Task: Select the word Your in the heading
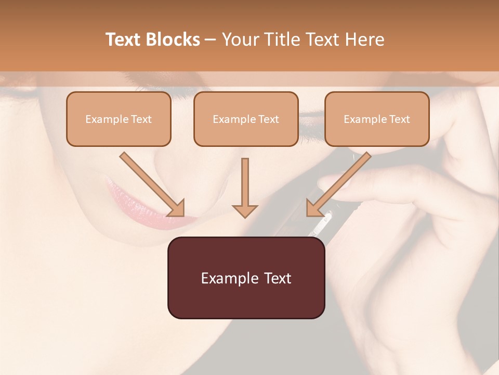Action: point(240,40)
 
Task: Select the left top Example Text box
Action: point(119,119)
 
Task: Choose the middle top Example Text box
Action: point(246,119)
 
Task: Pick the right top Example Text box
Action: point(377,119)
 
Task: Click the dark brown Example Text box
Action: point(246,278)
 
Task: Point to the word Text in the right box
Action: point(400,119)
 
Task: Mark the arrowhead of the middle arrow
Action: point(245,209)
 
